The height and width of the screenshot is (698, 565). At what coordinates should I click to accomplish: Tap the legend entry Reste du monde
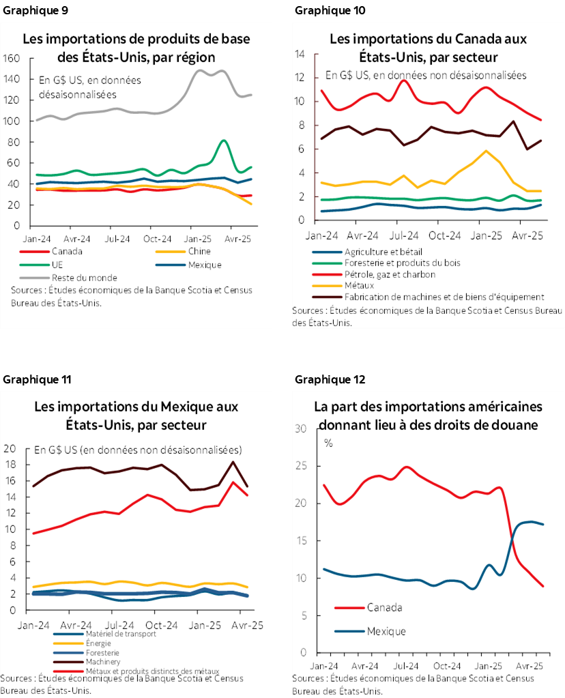tap(84, 278)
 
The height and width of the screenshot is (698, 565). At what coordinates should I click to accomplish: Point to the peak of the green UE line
tap(224, 141)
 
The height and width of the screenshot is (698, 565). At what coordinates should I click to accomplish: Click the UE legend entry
tap(57, 265)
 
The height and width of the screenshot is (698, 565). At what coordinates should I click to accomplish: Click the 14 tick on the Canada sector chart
tap(299, 55)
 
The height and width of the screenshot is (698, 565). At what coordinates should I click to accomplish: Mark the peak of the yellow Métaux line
tap(486, 151)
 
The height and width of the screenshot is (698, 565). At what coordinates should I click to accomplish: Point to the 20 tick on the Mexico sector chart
tap(10, 449)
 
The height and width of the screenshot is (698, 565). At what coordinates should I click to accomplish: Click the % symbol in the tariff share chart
tap(328, 443)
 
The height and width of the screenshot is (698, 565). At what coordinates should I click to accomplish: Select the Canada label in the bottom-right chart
tap(384, 607)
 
